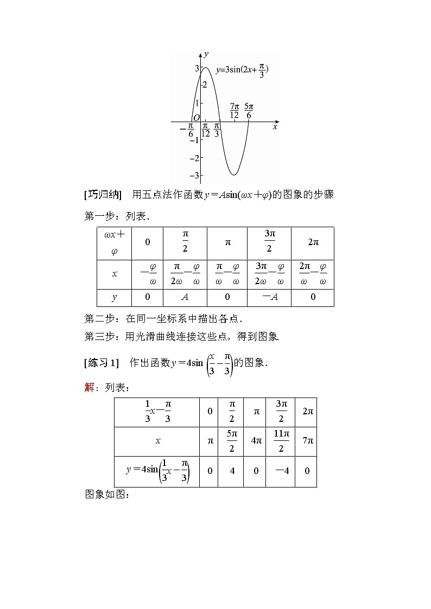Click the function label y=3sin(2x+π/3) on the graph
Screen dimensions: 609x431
pos(242,70)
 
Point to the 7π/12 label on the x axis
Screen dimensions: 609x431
pos(234,110)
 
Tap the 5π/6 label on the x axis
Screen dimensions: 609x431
pos(249,110)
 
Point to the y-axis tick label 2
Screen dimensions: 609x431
pos(204,85)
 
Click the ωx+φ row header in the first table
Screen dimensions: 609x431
pos(114,243)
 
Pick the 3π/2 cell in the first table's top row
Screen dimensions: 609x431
pos(270,242)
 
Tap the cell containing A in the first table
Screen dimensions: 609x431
pos(185,297)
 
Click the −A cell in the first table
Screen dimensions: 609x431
pos(269,297)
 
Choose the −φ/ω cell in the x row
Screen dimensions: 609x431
pos(148,274)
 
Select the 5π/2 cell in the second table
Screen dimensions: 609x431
pos(232,441)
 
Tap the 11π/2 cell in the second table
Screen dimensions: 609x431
pos(281,441)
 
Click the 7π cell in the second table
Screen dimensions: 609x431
pos(308,441)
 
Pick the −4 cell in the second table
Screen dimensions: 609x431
pos(281,471)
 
